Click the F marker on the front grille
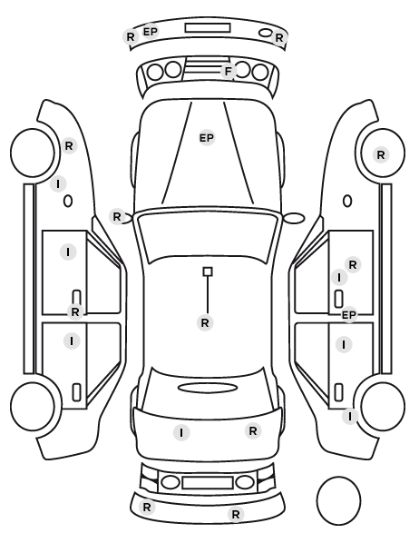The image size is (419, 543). tap(229, 72)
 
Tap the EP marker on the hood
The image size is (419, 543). tap(207, 138)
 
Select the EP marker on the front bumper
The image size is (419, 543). tap(151, 32)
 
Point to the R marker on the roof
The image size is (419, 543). tap(205, 322)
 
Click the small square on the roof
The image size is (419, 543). tap(208, 271)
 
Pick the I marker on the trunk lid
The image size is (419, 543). tap(181, 432)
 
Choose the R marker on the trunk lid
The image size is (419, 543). tap(253, 431)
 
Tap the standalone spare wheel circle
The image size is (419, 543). tap(338, 500)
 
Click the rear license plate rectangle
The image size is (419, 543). tap(208, 482)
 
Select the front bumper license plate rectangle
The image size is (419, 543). tap(208, 28)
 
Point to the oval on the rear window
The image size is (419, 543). tap(208, 388)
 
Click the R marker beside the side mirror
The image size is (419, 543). tap(117, 217)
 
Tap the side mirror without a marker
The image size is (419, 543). tap(294, 218)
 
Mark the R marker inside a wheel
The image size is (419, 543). tap(381, 154)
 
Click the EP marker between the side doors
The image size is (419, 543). tap(349, 315)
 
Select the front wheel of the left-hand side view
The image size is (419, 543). tap(33, 153)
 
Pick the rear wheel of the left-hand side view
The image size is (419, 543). tap(33, 407)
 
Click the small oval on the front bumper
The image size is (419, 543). tap(266, 33)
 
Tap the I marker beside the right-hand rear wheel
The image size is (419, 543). tap(350, 416)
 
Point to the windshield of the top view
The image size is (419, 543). tap(208, 237)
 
